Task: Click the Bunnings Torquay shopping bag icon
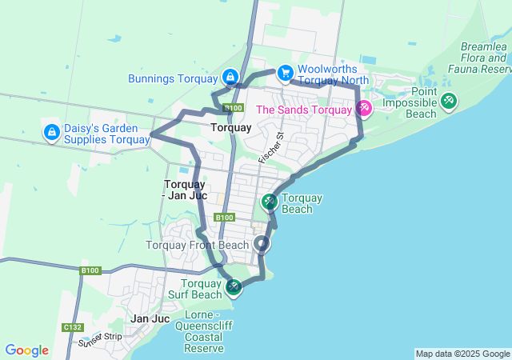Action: [230, 77]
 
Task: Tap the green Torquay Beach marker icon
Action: [270, 202]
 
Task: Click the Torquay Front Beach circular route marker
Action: [261, 244]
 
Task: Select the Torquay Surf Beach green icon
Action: [233, 286]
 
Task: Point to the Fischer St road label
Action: [271, 148]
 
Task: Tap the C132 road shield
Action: [72, 327]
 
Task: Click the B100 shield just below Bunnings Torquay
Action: [233, 108]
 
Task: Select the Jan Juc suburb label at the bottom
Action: [150, 318]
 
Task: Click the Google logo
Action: [26, 350]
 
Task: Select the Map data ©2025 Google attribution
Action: [462, 354]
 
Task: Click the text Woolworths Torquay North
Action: [333, 74]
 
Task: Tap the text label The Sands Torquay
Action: [303, 110]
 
